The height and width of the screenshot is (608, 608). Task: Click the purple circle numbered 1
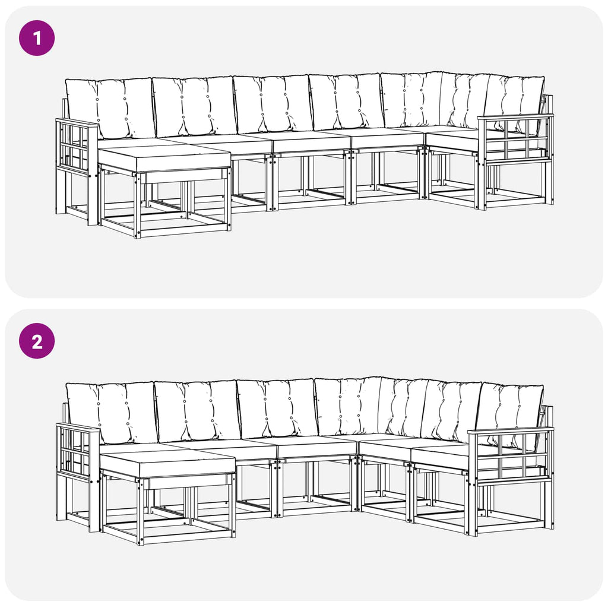(37, 38)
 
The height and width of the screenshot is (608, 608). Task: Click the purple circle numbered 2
(37, 341)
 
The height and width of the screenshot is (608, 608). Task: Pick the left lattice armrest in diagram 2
(78, 452)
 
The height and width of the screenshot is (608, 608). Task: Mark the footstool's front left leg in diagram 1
(138, 205)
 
